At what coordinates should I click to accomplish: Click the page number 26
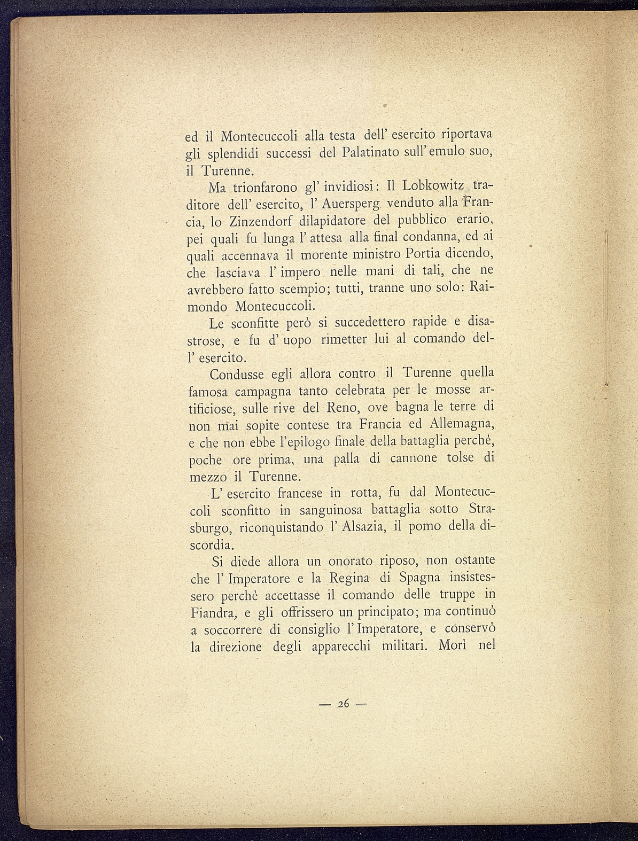pyautogui.click(x=343, y=704)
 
